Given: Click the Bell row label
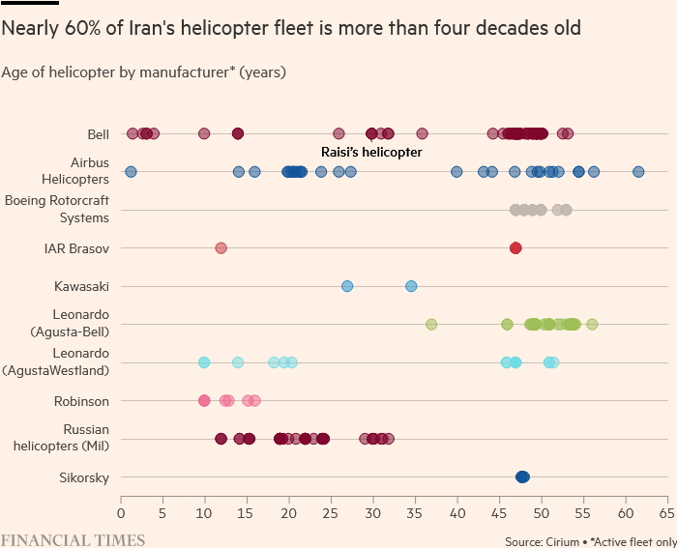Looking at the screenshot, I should click(97, 133).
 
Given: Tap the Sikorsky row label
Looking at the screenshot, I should click(84, 476).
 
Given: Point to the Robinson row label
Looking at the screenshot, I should click(82, 400).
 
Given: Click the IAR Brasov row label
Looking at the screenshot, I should click(76, 248).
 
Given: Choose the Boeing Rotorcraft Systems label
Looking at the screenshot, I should click(57, 210).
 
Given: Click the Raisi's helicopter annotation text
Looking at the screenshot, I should click(371, 153).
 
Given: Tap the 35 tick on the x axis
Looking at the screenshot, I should click(415, 513).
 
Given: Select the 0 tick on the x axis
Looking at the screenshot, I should click(121, 513).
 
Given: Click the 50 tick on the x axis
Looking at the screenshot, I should click(541, 513).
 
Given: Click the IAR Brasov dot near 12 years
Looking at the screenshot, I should click(221, 248).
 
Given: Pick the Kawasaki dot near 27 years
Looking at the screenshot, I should click(347, 286).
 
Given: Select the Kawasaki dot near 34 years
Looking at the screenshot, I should click(411, 286).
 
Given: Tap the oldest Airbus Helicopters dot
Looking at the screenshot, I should click(638, 172).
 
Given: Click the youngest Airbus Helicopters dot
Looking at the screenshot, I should click(131, 172).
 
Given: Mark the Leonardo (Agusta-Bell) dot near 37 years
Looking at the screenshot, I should click(431, 324).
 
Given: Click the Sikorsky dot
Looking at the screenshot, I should click(522, 476).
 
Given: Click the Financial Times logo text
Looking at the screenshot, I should click(73, 539).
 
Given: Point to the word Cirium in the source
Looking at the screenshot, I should click(565, 541).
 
